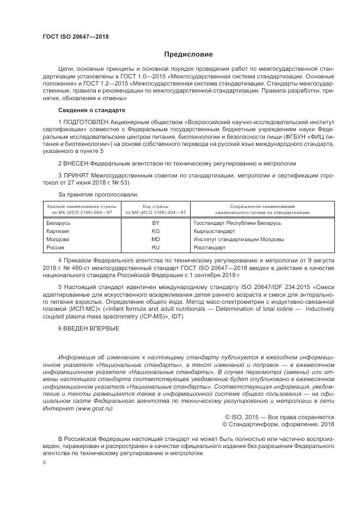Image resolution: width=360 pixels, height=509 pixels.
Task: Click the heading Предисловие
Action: (x=189, y=54)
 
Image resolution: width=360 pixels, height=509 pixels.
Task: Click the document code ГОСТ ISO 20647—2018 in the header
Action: (x=76, y=36)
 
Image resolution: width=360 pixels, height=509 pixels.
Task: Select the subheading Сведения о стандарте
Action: (x=87, y=110)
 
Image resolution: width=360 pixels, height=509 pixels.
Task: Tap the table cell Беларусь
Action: (x=59, y=223)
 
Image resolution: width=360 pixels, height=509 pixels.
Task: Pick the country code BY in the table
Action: (x=155, y=223)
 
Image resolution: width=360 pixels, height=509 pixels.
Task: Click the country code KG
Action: (x=155, y=231)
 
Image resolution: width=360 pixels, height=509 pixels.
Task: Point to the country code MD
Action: (x=155, y=239)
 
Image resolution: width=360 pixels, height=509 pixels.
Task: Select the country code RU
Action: (x=155, y=247)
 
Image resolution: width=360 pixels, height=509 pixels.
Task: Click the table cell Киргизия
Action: (x=58, y=231)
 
